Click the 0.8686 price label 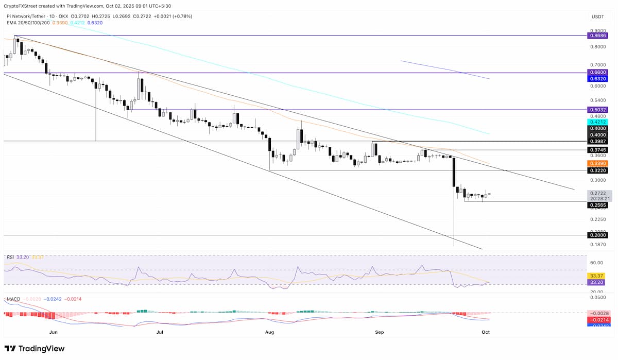(597, 36)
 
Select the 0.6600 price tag (597, 73)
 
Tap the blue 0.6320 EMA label (597, 79)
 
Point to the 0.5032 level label (597, 110)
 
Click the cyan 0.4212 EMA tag (597, 122)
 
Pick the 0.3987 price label (597, 141)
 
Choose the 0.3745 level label (597, 150)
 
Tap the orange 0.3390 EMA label (597, 163)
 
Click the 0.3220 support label (597, 170)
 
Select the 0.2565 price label (597, 205)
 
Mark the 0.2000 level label (597, 235)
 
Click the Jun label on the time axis (54, 333)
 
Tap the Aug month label (269, 333)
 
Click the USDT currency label (597, 17)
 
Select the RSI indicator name (10, 256)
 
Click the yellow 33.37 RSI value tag (597, 276)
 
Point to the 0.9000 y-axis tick (597, 31)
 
